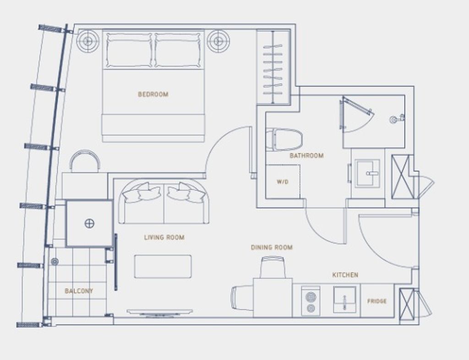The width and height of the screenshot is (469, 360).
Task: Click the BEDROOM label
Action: click(153, 94)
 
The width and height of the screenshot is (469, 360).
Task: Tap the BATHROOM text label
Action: click(306, 156)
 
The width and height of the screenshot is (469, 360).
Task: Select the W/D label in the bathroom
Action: click(282, 182)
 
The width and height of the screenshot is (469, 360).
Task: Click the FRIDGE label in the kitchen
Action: click(376, 301)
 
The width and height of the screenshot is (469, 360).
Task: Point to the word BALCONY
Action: click(79, 291)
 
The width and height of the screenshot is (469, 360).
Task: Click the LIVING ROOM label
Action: click(164, 237)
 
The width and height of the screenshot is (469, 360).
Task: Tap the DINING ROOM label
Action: click(271, 247)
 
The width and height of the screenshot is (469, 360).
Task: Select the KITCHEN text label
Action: click(345, 275)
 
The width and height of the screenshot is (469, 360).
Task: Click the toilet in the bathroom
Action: click(285, 139)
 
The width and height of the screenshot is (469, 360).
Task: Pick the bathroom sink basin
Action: click(368, 173)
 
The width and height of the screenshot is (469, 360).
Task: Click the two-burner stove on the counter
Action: click(311, 301)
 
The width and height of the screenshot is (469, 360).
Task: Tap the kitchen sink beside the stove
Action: click(344, 300)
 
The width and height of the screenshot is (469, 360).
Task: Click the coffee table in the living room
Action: click(163, 267)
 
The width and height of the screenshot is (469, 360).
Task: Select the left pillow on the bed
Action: click(129, 50)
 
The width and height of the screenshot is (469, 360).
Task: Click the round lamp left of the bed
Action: click(87, 41)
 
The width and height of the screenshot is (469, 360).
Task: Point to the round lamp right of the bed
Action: click(218, 41)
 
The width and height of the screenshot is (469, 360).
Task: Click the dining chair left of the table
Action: click(242, 298)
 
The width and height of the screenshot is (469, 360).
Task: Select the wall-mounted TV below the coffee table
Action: click(159, 312)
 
